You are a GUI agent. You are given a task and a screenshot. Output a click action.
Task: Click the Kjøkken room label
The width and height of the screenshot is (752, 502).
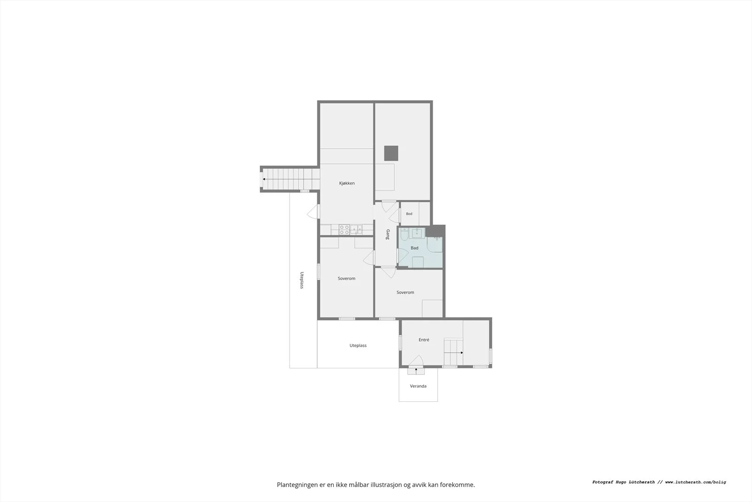pos(347,183)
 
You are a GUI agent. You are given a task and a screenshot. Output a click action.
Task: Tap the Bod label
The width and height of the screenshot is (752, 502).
pos(409,214)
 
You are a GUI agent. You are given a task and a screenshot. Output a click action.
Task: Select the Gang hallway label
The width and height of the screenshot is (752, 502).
pos(388,234)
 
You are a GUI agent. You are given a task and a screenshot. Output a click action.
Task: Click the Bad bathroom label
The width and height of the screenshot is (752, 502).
pos(415,248)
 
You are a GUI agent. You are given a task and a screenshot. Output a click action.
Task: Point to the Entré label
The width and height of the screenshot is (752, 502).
pos(424,340)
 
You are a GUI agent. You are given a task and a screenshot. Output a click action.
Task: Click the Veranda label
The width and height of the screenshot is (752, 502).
pos(418,386)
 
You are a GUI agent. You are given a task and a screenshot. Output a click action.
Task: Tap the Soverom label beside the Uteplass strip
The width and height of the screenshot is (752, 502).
pos(346,278)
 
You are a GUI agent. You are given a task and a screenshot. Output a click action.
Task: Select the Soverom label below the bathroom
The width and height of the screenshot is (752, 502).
pos(405,292)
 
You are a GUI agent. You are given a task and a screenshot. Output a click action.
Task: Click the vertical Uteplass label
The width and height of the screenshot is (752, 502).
pos(302,280)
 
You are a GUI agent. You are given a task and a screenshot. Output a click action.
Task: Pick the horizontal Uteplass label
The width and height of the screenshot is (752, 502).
pos(358,345)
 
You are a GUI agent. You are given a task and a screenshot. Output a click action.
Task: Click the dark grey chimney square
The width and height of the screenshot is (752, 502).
pos(391,153)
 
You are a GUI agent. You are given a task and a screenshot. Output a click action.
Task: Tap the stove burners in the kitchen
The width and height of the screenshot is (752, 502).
pos(344,230)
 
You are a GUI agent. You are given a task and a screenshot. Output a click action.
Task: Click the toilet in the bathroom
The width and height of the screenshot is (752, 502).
pos(404,234)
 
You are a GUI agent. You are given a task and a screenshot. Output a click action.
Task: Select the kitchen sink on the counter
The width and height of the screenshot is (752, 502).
pos(356,230)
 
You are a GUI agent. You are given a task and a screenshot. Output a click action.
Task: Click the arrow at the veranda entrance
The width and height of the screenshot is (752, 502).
pos(416,371)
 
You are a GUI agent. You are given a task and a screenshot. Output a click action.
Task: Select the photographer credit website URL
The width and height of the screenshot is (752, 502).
pos(696,482)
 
